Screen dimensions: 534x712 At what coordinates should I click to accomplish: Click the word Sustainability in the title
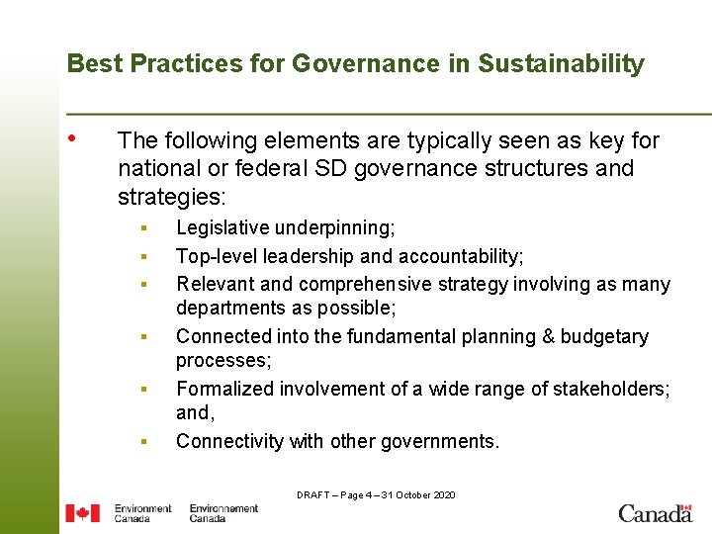pyautogui.click(x=561, y=64)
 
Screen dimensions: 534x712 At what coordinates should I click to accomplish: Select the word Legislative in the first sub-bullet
pyautogui.click(x=223, y=228)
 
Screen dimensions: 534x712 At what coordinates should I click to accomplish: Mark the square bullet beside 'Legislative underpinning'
pyautogui.click(x=143, y=229)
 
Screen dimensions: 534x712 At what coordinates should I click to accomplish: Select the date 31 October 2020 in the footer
pyautogui.click(x=418, y=494)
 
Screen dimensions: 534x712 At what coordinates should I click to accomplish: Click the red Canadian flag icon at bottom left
pyautogui.click(x=82, y=512)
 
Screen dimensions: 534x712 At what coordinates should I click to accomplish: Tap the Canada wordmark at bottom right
pyautogui.click(x=655, y=512)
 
